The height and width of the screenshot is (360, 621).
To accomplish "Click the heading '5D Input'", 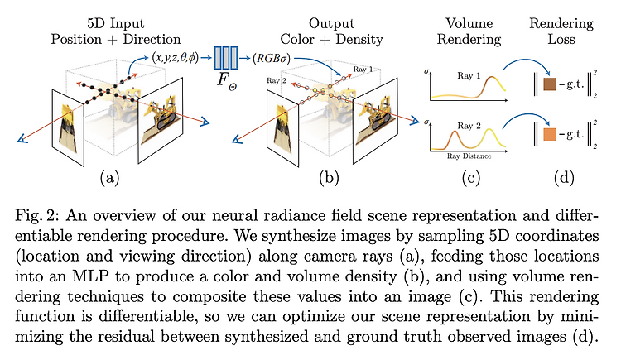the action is [x=116, y=23].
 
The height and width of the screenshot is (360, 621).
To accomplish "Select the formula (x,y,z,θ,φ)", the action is [x=175, y=58].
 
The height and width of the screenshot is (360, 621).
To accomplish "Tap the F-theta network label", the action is [x=227, y=80].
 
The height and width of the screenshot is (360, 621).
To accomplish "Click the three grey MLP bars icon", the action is [x=226, y=58].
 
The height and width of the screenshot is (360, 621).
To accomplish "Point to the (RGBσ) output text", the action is [x=272, y=59].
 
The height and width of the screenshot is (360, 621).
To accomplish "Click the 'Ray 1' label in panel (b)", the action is [x=363, y=70].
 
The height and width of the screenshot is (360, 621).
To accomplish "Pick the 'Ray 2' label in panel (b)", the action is [x=276, y=81].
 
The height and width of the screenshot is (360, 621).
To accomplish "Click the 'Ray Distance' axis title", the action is [x=469, y=156].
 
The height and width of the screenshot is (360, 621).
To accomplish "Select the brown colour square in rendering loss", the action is [x=550, y=84].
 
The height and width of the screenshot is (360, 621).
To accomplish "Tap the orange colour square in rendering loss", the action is [x=550, y=134].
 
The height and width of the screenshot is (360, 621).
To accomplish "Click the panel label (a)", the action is [x=109, y=178].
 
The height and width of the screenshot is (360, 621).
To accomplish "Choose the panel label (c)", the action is [x=471, y=178].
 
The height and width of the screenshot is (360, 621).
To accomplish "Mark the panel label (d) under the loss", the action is [x=564, y=178].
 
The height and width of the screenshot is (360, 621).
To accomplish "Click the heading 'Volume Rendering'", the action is [x=469, y=31].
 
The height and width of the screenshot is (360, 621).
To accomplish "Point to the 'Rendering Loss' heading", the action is [x=561, y=31].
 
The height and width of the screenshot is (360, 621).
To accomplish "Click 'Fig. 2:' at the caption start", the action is [x=37, y=216].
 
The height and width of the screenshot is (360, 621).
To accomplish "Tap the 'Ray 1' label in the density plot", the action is [x=469, y=75].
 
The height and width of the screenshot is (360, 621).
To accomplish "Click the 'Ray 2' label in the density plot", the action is [x=469, y=126].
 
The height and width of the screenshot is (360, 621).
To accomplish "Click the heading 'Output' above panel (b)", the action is [x=331, y=23].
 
